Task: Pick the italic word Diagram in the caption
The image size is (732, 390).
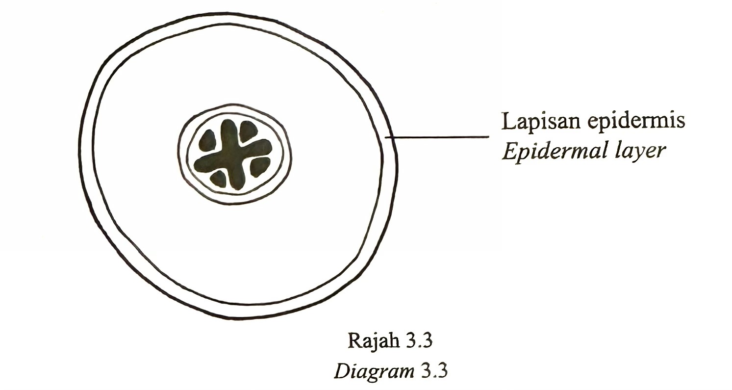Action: click(x=374, y=371)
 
